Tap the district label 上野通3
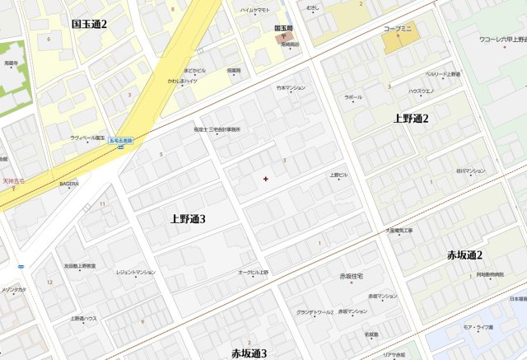(x=188, y=218)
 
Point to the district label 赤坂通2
(x=465, y=255)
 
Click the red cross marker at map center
(x=265, y=178)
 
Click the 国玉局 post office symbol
(x=283, y=36)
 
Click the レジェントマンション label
(x=135, y=272)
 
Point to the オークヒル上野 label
(x=254, y=272)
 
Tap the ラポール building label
(x=353, y=96)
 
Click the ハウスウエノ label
(x=423, y=91)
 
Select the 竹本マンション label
(x=291, y=87)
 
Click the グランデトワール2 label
(x=315, y=312)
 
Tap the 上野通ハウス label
(x=83, y=318)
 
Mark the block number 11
(x=103, y=203)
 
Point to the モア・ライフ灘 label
(x=478, y=327)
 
